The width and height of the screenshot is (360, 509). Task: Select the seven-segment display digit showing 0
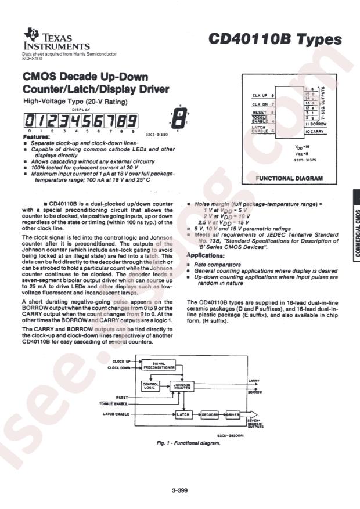tap(28, 122)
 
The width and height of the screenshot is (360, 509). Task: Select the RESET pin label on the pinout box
tap(260, 111)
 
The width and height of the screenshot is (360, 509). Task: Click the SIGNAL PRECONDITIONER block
tap(159, 365)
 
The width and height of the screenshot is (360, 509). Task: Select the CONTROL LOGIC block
tap(149, 386)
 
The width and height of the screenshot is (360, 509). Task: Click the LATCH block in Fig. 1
tap(183, 414)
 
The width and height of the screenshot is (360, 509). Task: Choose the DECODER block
tap(210, 414)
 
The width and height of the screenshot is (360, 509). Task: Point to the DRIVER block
tap(233, 414)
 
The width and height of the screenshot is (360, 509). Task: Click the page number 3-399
tap(179, 491)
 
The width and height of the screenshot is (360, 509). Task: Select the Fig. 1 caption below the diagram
tap(188, 443)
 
